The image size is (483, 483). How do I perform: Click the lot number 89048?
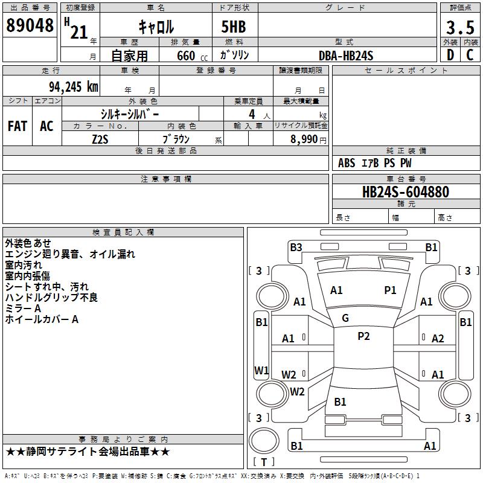30,25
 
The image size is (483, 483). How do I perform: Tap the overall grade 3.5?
460,27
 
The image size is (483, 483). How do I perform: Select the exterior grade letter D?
450,55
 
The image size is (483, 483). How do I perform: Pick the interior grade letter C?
470,55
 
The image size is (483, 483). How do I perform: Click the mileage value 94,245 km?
74,87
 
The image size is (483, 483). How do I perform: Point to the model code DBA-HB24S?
346,56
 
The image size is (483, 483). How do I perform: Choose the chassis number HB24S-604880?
406,192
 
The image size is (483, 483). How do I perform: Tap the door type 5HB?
234,27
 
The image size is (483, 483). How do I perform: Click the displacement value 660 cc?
192,56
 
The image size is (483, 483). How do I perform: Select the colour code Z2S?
100,139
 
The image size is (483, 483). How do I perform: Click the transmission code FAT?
18,126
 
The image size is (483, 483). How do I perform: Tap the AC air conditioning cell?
46,126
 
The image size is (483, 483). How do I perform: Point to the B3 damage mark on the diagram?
296,248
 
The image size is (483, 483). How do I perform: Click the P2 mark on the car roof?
363,336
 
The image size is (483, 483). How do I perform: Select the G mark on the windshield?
345,318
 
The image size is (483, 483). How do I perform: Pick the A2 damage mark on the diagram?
438,339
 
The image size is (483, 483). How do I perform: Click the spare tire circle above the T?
264,440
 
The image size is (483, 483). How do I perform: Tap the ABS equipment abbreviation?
347,163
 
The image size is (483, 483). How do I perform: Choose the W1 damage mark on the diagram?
261,370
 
